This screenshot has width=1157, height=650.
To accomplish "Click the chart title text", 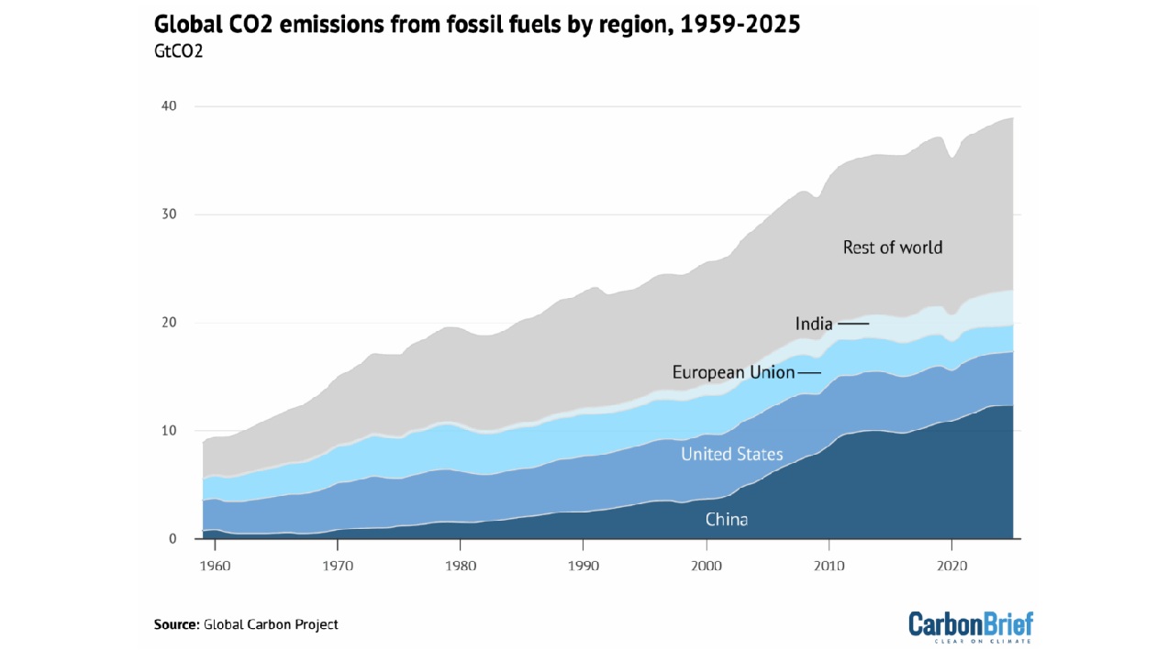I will pyautogui.click(x=477, y=25).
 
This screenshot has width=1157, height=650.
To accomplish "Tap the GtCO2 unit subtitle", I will pyautogui.click(x=178, y=51).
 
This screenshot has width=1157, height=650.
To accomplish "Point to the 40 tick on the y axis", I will pyautogui.click(x=170, y=106).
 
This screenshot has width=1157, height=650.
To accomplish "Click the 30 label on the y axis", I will pyautogui.click(x=170, y=215).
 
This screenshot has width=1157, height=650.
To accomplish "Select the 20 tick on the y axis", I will pyautogui.click(x=170, y=323).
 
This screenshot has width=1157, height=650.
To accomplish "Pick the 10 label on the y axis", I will pyautogui.click(x=170, y=431).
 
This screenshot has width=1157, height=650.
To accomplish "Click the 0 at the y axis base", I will pyautogui.click(x=172, y=539).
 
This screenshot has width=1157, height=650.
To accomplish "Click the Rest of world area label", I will pyautogui.click(x=893, y=247).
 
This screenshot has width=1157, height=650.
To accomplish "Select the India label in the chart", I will pyautogui.click(x=814, y=324).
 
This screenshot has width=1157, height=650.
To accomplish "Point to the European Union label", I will pyautogui.click(x=733, y=372).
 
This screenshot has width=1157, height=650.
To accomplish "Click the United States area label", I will pyautogui.click(x=731, y=454).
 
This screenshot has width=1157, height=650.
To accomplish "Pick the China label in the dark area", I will pyautogui.click(x=726, y=520).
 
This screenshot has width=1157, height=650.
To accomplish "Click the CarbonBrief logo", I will pyautogui.click(x=971, y=626).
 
